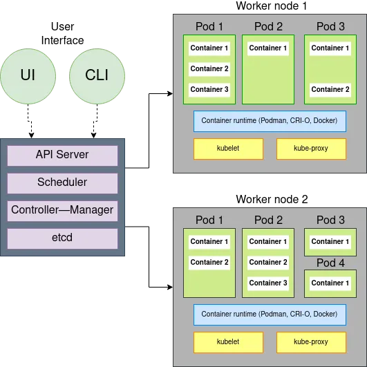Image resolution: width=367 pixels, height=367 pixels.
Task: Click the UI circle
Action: [28, 75]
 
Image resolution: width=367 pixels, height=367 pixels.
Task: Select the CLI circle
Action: [97, 75]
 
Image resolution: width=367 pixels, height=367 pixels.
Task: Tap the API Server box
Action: [62, 155]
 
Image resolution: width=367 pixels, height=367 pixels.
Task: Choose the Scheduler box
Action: [62, 182]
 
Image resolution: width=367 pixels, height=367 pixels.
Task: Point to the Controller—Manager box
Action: [62, 210]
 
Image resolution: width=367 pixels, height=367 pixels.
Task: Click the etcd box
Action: [62, 238]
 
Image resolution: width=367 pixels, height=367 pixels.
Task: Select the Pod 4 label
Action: [330, 263]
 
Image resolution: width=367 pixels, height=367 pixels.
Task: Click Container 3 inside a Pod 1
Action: [209, 89]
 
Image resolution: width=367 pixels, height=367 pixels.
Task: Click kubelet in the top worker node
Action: [228, 149]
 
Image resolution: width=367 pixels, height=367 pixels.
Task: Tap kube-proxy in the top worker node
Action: [311, 149]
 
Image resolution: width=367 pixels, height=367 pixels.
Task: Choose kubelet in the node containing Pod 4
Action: [228, 341]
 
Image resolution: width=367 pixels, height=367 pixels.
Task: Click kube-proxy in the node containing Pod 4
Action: [311, 341]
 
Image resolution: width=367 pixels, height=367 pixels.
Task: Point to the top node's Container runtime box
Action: [270, 120]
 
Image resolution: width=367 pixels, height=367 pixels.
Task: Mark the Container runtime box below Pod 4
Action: [270, 314]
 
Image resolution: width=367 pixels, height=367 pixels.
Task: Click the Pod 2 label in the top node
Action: [268, 26]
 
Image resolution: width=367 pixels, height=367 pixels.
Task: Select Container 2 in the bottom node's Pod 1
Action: [209, 262]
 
